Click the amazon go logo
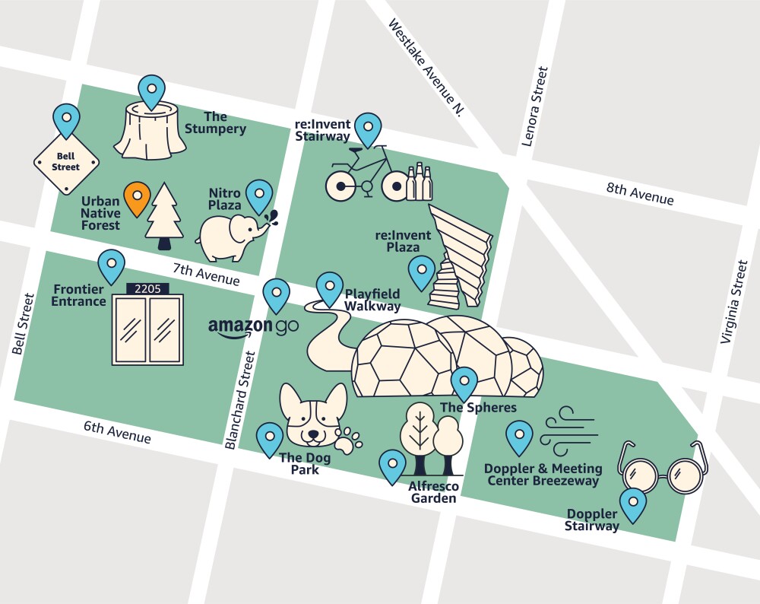pyautogui.click(x=253, y=326)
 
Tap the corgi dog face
pyautogui.click(x=312, y=415)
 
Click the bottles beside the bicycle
pyautogui.click(x=419, y=182)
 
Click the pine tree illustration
pyautogui.click(x=164, y=215)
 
